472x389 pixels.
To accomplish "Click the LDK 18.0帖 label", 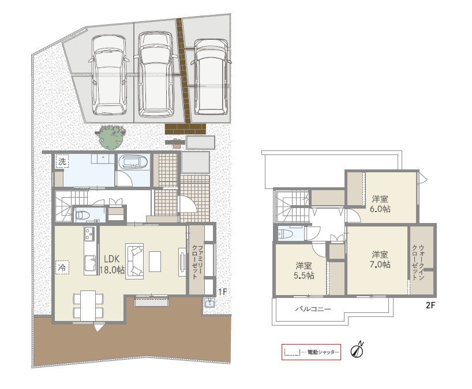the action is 113,265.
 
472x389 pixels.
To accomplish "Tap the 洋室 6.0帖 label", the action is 380,203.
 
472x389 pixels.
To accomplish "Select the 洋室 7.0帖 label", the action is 380,259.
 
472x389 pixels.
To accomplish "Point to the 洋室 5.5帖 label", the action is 304,270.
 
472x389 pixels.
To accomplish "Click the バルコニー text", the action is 313,309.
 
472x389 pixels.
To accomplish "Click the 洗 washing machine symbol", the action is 62,161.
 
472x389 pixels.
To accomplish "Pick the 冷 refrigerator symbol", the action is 62,267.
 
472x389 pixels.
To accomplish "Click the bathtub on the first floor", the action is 133,162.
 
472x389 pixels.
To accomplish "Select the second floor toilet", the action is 284,234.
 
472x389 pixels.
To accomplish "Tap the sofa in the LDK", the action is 134,259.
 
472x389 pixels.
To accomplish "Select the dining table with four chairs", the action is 88,305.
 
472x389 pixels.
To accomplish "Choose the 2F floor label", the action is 430,305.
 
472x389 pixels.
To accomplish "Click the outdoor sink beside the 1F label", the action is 209,303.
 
